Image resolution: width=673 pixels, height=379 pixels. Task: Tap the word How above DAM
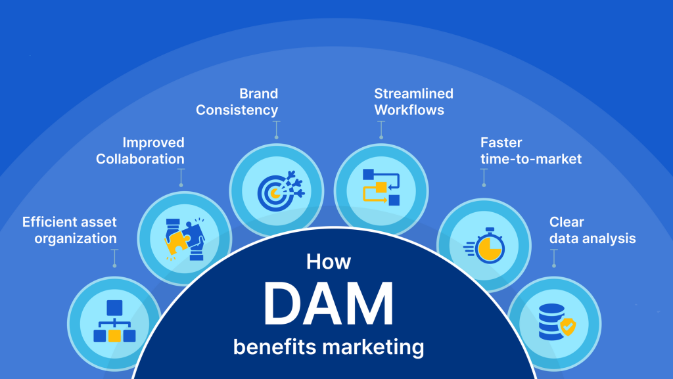point(329,261)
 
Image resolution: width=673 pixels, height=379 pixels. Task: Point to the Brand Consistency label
point(237,102)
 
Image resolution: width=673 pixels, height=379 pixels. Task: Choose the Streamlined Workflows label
point(414,102)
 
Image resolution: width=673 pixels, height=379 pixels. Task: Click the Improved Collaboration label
point(141,150)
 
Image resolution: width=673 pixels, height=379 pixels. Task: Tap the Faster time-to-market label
point(531,150)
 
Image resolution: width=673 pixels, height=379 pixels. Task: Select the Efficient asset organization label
point(70,231)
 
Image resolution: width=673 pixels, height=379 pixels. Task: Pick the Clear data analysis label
point(592,231)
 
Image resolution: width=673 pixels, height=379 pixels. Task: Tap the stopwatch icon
point(484,246)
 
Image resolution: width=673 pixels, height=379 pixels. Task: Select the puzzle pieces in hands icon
point(185,239)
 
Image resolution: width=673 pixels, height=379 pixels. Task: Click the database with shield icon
point(557,322)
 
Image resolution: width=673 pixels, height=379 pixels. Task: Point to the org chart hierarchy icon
point(114,321)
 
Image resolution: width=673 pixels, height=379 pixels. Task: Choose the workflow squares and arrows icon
point(381,187)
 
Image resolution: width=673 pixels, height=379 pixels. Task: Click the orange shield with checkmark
point(567,326)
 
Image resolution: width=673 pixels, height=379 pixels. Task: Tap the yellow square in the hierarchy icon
point(114,336)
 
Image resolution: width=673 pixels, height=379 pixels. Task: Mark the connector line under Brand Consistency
point(277,129)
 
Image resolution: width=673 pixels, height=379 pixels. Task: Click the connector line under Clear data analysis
point(554,259)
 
